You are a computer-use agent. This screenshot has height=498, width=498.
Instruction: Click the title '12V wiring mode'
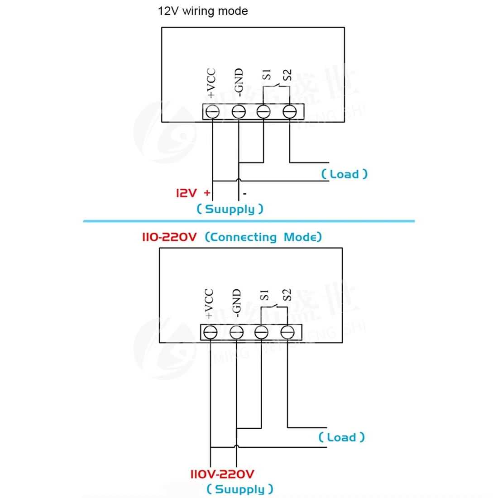(203, 11)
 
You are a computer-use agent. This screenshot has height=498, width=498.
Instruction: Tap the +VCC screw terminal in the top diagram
(213, 111)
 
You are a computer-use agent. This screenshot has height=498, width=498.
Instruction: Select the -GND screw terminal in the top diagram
(239, 111)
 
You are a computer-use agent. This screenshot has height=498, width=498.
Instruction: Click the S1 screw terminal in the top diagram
(264, 111)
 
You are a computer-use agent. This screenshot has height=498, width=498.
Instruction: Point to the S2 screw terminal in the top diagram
(289, 111)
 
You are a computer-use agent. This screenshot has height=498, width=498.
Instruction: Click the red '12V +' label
(193, 193)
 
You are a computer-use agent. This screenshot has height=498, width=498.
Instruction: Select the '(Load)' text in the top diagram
(344, 174)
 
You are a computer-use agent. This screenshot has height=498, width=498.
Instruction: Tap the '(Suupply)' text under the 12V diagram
(230, 209)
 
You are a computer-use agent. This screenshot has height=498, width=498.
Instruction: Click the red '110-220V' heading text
(169, 237)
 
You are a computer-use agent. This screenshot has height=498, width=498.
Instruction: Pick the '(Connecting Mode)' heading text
(263, 237)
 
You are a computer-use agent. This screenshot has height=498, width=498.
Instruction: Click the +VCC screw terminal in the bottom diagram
(210, 333)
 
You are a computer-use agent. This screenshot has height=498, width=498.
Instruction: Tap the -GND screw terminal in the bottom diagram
(236, 333)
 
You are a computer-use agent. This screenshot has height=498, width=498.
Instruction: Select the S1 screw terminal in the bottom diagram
(261, 333)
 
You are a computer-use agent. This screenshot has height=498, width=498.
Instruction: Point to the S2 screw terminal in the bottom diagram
(287, 333)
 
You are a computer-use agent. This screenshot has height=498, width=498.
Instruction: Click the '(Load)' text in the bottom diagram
(341, 437)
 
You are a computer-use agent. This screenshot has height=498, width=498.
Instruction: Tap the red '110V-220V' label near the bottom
(222, 474)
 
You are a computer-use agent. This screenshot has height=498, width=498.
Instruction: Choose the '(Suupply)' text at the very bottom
(239, 489)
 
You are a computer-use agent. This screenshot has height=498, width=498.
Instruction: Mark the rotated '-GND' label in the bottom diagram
(236, 302)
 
